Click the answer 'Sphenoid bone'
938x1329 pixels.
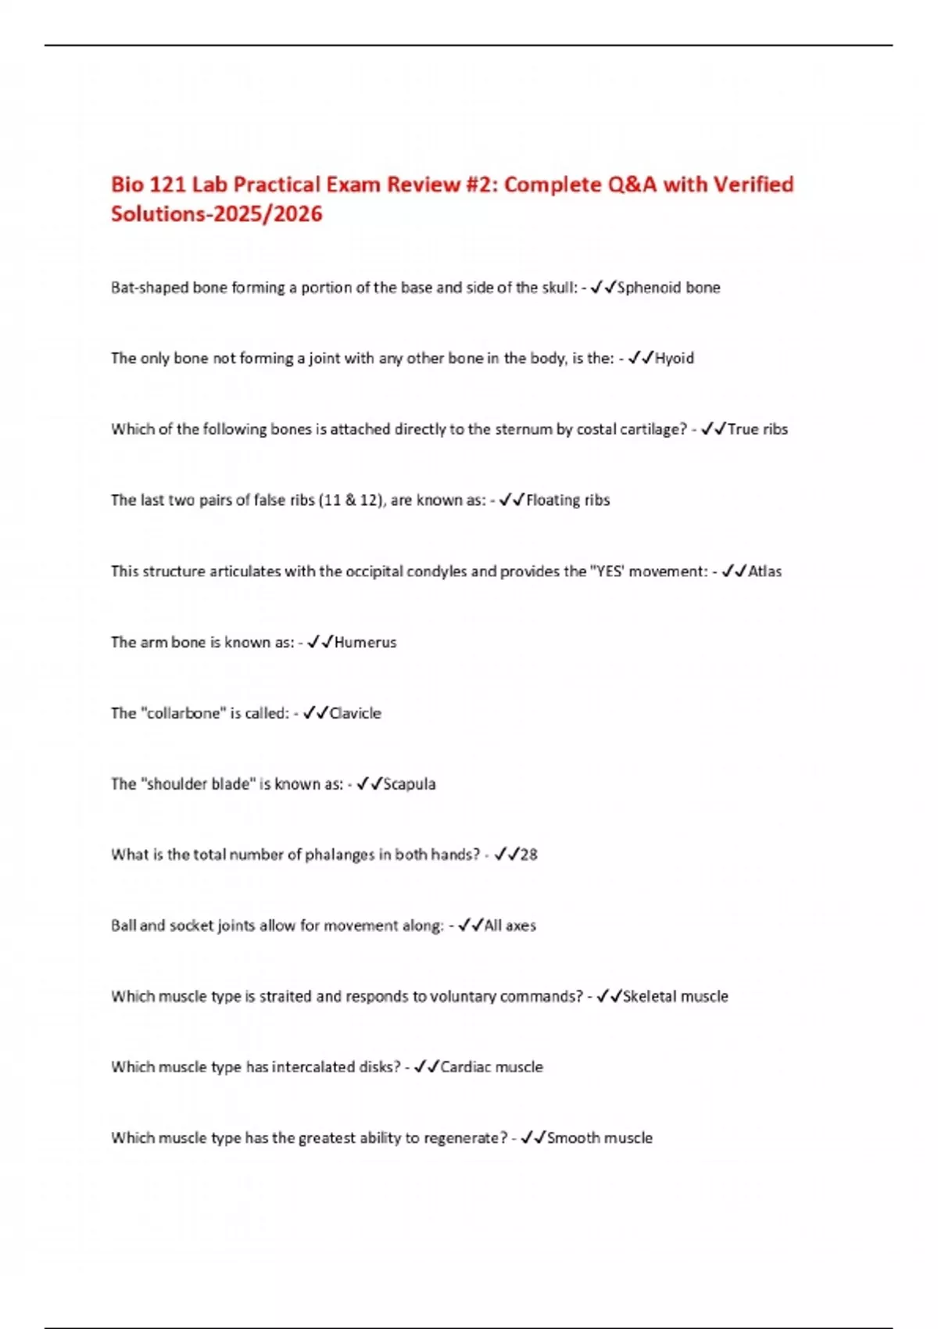pyautogui.click(x=668, y=288)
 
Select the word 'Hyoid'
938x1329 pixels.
pyautogui.click(x=674, y=358)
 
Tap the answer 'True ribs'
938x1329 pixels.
pyautogui.click(x=757, y=429)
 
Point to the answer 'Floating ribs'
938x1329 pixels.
pyautogui.click(x=567, y=500)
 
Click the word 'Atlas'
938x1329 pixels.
pyautogui.click(x=764, y=571)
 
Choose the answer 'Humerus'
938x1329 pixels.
pyautogui.click(x=365, y=643)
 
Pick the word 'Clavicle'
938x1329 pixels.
pyautogui.click(x=355, y=713)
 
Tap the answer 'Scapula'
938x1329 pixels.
pyautogui.click(x=409, y=784)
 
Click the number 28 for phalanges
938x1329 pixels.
pyautogui.click(x=528, y=854)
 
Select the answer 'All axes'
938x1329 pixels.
pyautogui.click(x=510, y=926)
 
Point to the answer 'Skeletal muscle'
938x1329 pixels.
pyautogui.click(x=675, y=997)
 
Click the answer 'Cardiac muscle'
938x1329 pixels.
pyautogui.click(x=491, y=1067)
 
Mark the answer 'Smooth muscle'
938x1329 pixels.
pyautogui.click(x=600, y=1138)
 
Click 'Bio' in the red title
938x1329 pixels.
pyautogui.click(x=127, y=184)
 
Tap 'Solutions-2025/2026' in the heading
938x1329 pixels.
pyautogui.click(x=217, y=214)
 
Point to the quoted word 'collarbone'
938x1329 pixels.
pyautogui.click(x=183, y=713)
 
